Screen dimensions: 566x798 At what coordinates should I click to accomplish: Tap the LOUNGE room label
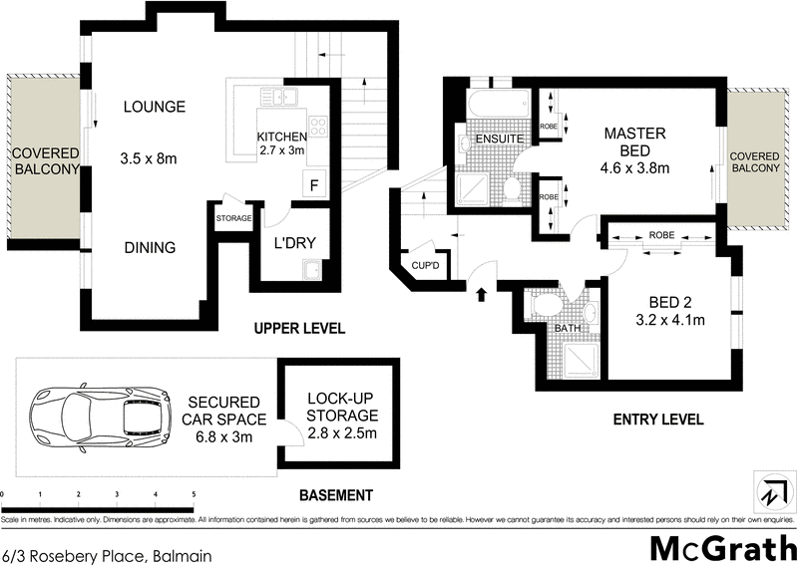pos(155,107)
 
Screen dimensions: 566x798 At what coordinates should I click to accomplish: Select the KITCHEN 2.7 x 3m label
pos(280,143)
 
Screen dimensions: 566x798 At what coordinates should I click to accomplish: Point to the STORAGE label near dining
pos(233,218)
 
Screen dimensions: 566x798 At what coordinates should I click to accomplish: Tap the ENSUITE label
pos(493,138)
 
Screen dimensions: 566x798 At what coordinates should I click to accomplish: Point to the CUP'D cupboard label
pos(426,265)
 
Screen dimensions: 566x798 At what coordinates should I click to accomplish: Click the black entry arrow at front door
pos(482,294)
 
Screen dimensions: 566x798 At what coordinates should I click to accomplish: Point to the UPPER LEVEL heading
pos(299,328)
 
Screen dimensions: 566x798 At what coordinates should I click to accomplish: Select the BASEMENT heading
pos(336,495)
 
